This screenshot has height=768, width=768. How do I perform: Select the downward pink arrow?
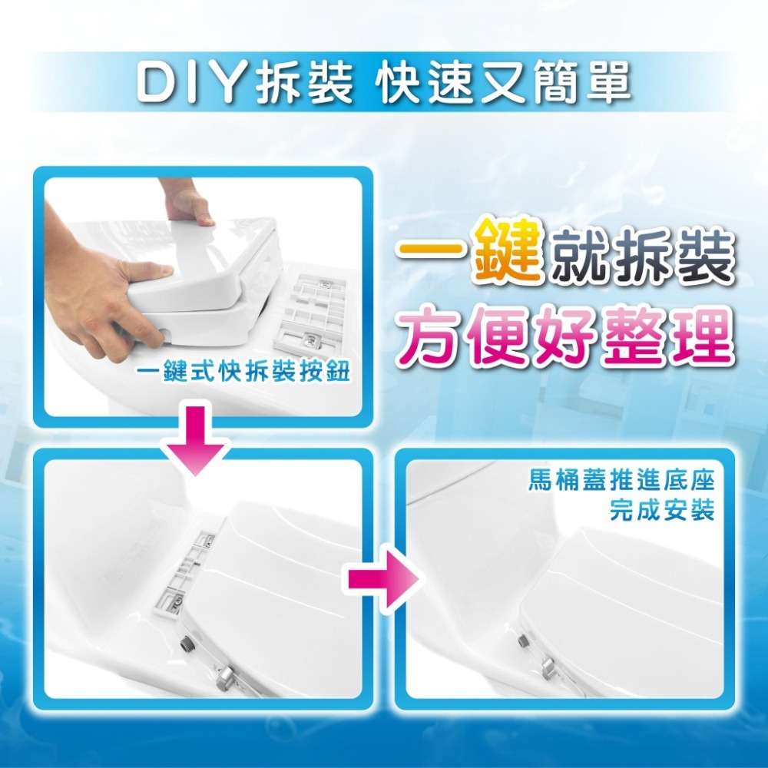pyautogui.click(x=197, y=441)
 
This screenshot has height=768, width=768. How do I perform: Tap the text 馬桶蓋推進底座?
pyautogui.click(x=621, y=483)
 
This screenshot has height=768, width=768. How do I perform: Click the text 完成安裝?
pyautogui.click(x=662, y=510)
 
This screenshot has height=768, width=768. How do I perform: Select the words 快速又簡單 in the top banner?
pyautogui.click(x=505, y=84)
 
